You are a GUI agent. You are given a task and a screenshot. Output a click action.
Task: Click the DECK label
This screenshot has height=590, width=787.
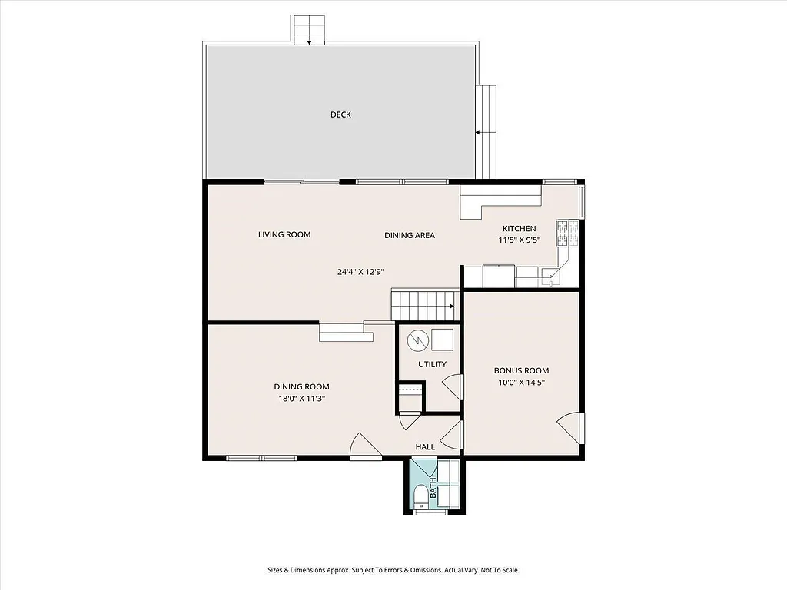340,114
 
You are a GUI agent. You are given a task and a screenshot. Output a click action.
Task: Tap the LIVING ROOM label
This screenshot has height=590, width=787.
284,234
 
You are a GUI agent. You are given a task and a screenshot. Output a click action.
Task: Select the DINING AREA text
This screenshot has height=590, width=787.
410,235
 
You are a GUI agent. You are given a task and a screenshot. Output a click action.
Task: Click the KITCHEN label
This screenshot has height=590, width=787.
520,229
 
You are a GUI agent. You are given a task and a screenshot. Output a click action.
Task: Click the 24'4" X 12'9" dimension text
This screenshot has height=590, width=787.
360,271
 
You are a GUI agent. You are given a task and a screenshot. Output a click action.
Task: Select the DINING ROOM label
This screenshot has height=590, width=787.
302,386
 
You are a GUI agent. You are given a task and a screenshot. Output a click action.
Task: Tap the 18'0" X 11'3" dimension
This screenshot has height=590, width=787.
302,398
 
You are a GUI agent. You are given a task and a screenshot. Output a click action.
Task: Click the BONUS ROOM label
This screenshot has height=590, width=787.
521,370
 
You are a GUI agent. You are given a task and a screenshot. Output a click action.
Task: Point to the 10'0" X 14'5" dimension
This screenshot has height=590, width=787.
521,382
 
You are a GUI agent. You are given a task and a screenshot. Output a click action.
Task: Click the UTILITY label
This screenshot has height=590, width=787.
432,364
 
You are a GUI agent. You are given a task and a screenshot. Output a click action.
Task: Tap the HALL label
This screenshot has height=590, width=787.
425,446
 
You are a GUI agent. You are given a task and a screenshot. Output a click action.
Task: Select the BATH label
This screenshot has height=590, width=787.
433,487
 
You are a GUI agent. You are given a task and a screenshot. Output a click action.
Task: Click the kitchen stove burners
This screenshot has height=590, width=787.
566,232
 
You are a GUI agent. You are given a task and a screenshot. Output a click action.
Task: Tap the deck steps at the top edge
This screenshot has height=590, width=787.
310,30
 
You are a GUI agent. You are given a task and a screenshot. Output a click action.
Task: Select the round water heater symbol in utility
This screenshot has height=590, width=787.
417,339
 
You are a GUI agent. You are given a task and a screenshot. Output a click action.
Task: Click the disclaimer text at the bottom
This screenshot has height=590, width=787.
393,570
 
